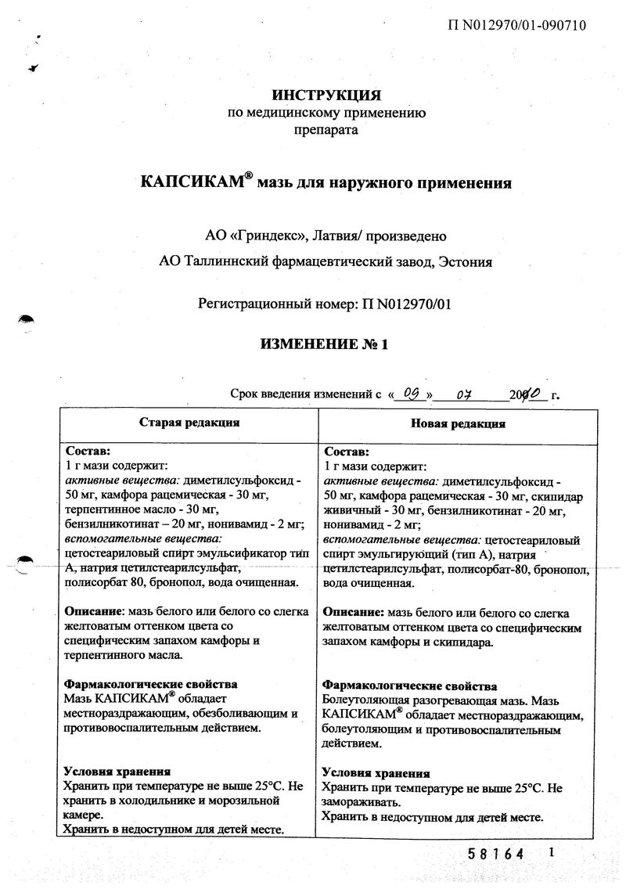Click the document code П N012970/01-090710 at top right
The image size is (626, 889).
(516, 25)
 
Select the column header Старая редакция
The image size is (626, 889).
(189, 423)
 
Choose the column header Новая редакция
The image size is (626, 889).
(458, 423)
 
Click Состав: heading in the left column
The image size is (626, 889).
(88, 452)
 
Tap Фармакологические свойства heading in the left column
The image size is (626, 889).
(150, 684)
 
